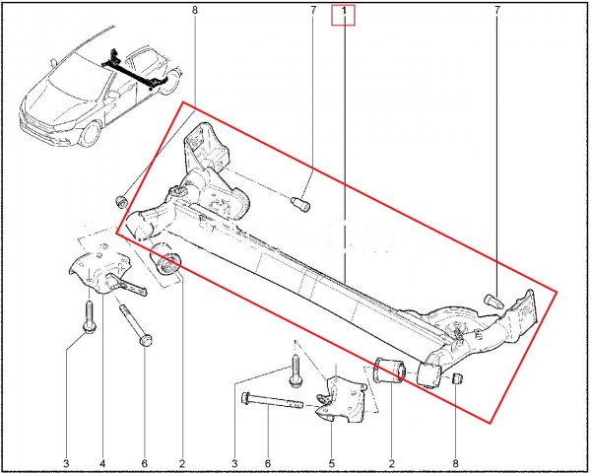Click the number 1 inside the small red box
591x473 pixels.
click(344, 12)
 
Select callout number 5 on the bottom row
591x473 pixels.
click(332, 463)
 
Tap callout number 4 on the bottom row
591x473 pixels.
click(102, 463)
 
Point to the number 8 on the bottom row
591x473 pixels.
click(455, 463)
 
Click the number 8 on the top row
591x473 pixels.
click(194, 10)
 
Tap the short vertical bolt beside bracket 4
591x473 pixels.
click(89, 316)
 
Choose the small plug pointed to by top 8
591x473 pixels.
click(121, 201)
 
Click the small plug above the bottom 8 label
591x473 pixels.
click(458, 378)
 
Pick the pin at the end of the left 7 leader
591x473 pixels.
click(300, 203)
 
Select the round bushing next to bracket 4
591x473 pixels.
click(165, 261)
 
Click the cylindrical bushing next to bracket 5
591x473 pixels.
click(389, 371)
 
